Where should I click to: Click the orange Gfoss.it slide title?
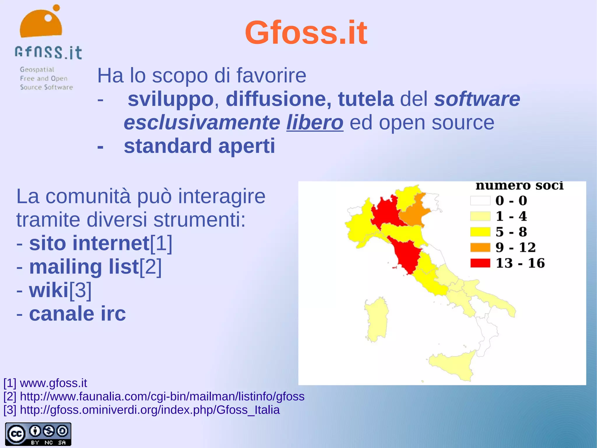tap(306, 32)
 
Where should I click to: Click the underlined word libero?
tap(315, 123)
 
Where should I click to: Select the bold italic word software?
tap(477, 99)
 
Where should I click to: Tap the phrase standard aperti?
tap(199, 146)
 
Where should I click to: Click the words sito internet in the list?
tap(89, 243)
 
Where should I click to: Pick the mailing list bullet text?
tap(84, 267)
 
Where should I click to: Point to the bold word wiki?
tap(49, 290)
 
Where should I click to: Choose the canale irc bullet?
tap(77, 314)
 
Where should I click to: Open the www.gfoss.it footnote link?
tap(53, 383)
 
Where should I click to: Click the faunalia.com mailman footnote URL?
tap(162, 396)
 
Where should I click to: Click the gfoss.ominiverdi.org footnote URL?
tap(150, 410)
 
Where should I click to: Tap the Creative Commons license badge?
tap(38, 434)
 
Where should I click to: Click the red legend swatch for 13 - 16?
tap(480, 263)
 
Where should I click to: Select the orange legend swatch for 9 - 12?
tap(480, 247)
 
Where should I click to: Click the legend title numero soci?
tap(519, 186)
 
